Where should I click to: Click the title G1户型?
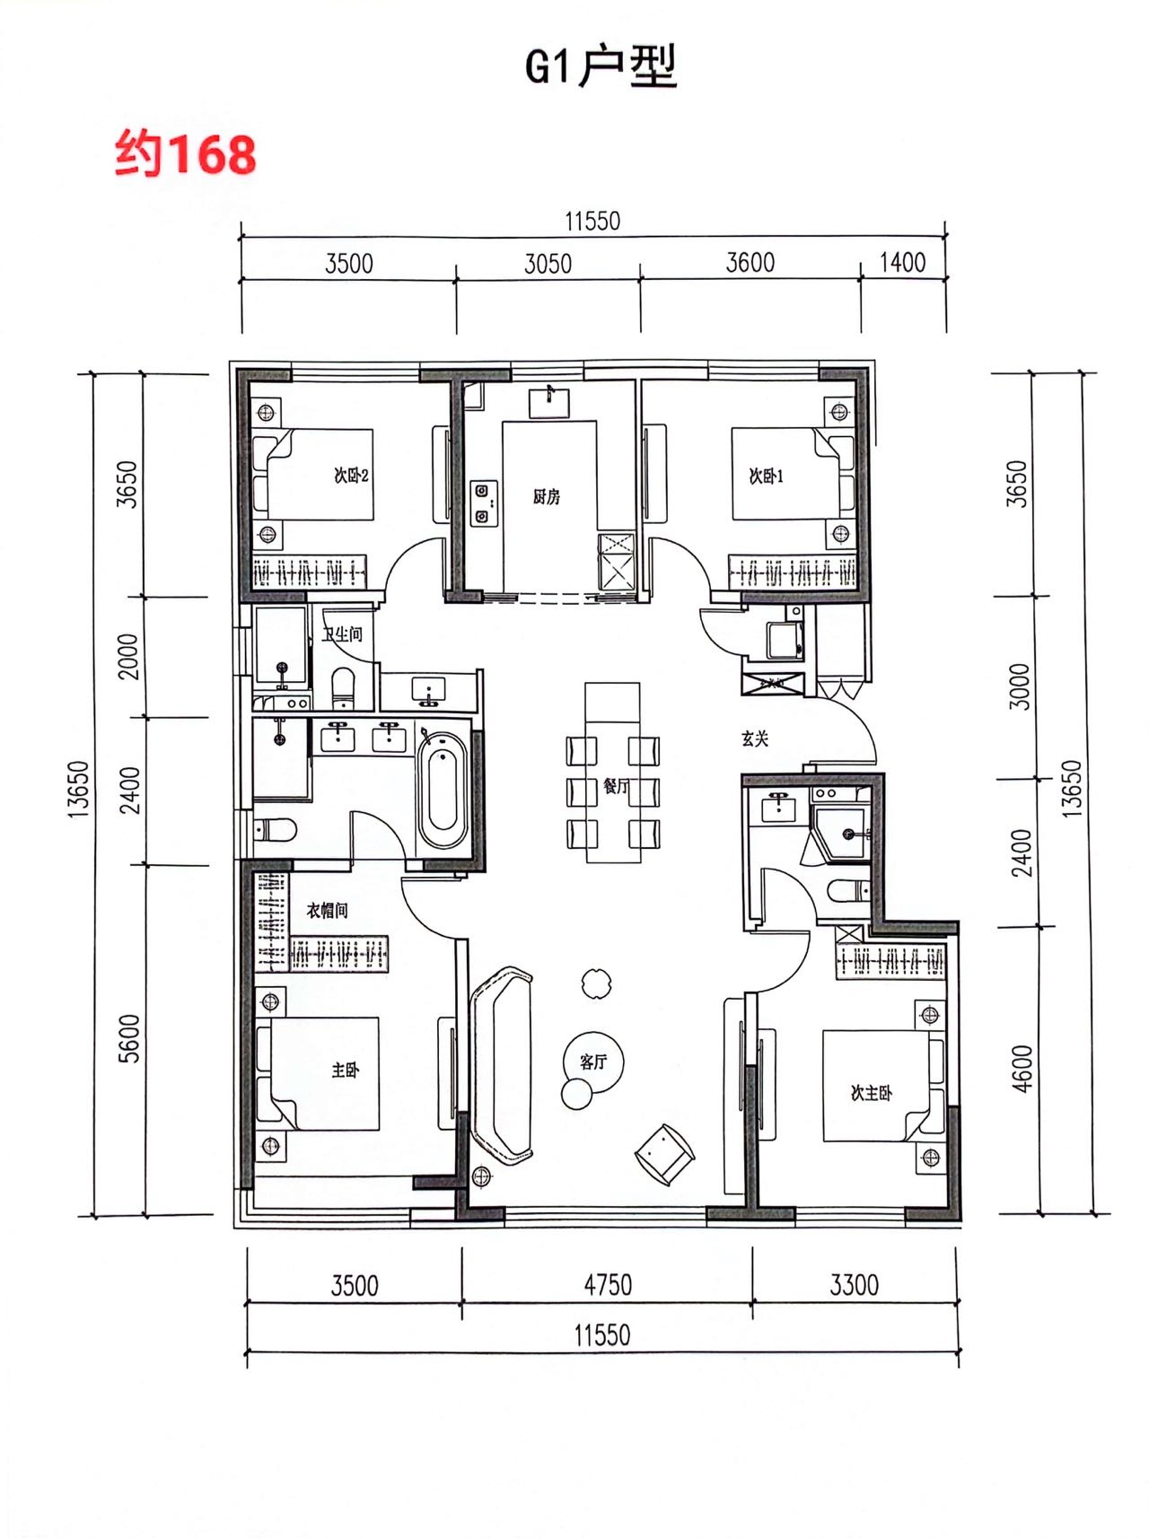point(601,66)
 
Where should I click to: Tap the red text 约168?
point(186,153)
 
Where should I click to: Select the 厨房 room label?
point(546,496)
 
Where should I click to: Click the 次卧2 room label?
point(351,476)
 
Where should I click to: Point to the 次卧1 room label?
point(766,476)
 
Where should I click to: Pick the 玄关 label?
point(755,738)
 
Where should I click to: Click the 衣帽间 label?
point(327,911)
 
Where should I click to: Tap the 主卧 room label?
point(346,1070)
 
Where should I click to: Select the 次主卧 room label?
point(871,1092)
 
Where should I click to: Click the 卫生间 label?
point(342,634)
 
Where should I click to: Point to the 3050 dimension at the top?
point(548,264)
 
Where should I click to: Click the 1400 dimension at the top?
point(902,262)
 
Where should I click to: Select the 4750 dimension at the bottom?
point(608,1285)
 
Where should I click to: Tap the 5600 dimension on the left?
point(130,1039)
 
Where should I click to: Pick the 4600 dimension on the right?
point(1022,1069)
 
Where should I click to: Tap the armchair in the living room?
point(665,1154)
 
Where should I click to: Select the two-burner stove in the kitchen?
point(484,503)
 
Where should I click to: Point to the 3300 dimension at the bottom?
point(854,1285)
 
